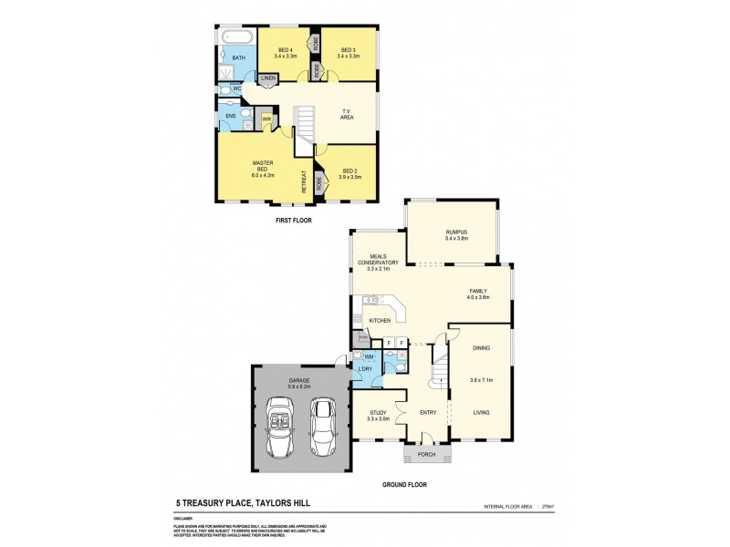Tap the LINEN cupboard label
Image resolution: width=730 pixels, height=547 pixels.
(267, 79)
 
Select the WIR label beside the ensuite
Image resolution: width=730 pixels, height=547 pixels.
(266, 118)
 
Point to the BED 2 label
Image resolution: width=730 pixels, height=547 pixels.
(350, 170)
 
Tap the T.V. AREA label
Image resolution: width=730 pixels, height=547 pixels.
(346, 114)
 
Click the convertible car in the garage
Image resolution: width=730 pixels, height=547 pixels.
(281, 428)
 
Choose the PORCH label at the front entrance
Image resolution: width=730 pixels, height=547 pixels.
(426, 454)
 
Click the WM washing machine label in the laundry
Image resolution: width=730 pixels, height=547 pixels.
(369, 356)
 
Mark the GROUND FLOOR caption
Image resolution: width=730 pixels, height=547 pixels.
(405, 485)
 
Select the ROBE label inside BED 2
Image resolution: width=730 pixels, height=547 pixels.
(318, 182)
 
